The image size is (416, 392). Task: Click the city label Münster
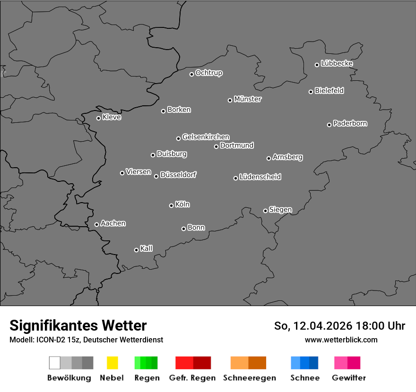click(x=248, y=99)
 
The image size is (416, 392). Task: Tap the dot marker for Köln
click(x=171, y=205)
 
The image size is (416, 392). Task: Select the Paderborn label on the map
click(x=350, y=123)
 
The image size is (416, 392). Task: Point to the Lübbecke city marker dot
click(x=317, y=65)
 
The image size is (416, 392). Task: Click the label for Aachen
click(x=113, y=223)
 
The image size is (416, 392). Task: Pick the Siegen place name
click(x=280, y=210)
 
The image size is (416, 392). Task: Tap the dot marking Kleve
click(x=98, y=118)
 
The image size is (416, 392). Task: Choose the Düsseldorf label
click(x=178, y=175)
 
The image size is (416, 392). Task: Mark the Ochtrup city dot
click(x=191, y=74)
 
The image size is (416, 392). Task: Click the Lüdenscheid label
click(x=260, y=177)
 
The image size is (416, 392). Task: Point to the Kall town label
click(x=147, y=248)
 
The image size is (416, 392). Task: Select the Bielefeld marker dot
click(x=311, y=92)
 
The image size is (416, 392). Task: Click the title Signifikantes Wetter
click(x=78, y=325)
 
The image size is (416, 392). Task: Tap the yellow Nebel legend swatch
click(x=112, y=363)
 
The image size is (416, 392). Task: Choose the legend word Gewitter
click(x=349, y=378)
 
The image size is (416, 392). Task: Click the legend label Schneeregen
click(x=250, y=378)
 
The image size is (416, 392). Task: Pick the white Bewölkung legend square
click(x=55, y=363)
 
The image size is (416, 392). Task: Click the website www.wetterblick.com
click(x=341, y=340)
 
